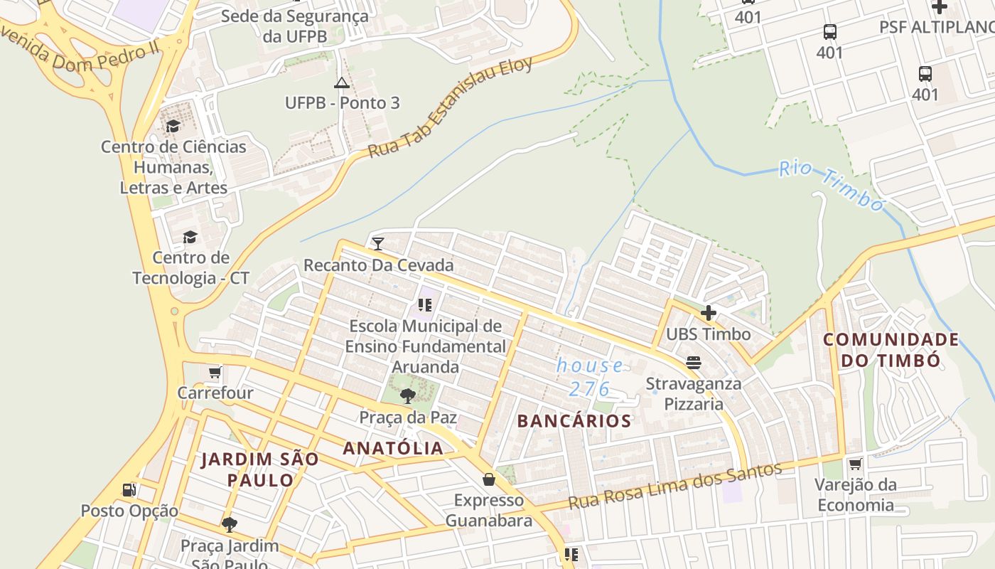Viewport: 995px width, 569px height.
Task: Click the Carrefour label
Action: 215,393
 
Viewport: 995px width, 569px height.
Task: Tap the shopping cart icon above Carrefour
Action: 215,372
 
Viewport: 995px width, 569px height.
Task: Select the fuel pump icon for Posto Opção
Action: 129,489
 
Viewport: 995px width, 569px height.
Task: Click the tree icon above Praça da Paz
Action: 408,395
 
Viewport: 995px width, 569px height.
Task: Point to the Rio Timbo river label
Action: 831,186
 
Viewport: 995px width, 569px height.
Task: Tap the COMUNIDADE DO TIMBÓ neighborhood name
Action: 891,349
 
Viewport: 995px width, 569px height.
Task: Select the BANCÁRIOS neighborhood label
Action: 574,421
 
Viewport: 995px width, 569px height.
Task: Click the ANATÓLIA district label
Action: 393,448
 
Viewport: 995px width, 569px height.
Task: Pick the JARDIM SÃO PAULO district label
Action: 260,469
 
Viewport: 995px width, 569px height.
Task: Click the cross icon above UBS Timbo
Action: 708,313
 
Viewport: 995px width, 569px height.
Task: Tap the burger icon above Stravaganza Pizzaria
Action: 694,363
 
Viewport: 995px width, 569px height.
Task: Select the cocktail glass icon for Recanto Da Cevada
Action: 378,244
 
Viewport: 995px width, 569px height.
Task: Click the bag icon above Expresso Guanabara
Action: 489,479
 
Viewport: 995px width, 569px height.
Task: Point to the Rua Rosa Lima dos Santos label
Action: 674,485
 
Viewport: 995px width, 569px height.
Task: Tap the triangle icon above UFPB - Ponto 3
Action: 342,83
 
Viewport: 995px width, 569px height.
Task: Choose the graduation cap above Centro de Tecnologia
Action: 190,236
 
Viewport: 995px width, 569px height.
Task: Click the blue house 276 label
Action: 590,377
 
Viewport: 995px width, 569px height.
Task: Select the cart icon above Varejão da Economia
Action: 855,464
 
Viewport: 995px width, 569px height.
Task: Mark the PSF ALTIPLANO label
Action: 936,27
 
